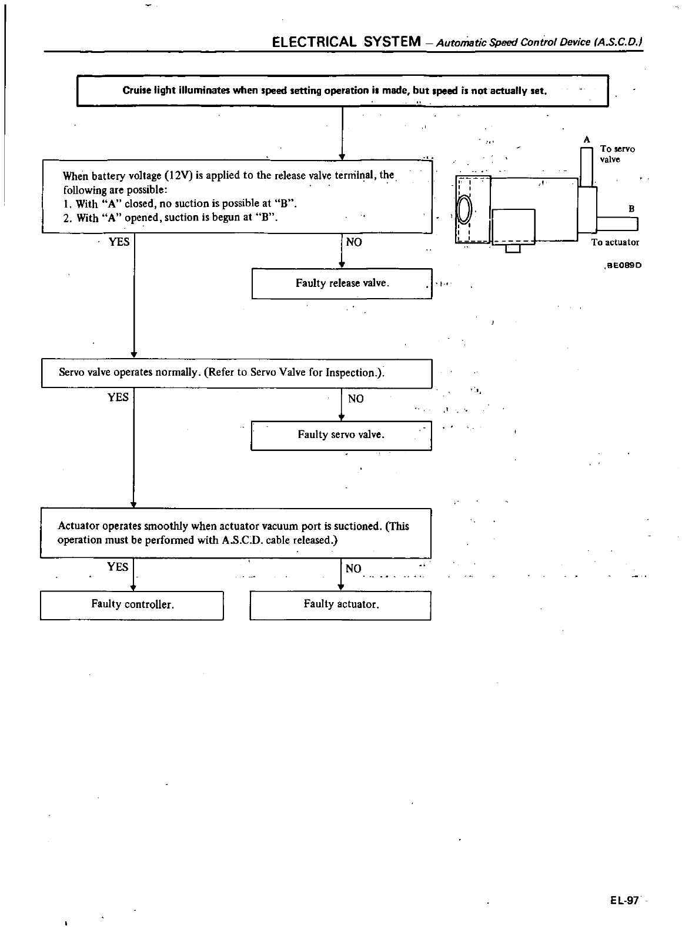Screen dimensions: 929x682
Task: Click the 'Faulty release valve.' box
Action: click(342, 283)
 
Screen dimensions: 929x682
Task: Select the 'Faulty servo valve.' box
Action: click(341, 435)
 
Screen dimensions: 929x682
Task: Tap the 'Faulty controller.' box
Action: click(132, 604)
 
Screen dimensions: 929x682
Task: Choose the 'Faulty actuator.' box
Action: click(341, 604)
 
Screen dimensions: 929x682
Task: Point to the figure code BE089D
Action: click(624, 265)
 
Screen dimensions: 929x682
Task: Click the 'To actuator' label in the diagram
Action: click(615, 242)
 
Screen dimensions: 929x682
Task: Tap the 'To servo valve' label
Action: click(617, 154)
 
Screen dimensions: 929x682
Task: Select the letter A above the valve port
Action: click(586, 139)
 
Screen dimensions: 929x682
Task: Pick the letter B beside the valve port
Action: click(631, 209)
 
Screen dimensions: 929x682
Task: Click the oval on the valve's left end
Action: click(464, 210)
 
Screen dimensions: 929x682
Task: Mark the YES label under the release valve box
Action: click(119, 242)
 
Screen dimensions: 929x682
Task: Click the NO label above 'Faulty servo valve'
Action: click(356, 399)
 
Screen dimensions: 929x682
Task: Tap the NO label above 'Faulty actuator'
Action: click(353, 569)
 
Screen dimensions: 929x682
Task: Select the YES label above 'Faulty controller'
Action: click(118, 567)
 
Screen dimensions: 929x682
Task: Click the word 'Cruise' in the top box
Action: click(135, 91)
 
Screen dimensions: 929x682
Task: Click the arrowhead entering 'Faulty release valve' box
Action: click(342, 265)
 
